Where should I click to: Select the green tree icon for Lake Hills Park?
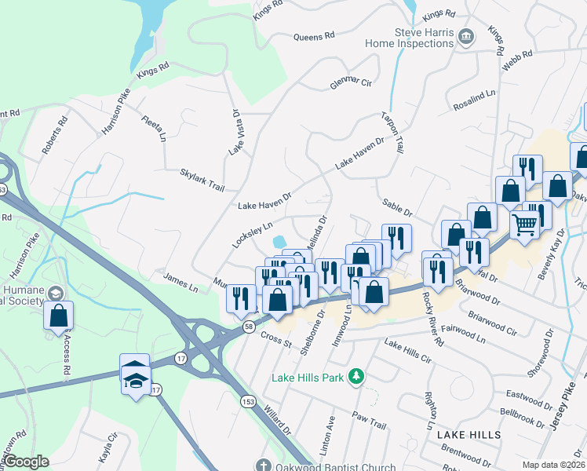(x=357, y=378)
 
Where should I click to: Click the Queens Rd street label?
(x=314, y=36)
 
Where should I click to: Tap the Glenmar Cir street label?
(x=350, y=82)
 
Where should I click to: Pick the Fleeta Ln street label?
(x=154, y=128)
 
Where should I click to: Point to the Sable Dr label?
(x=397, y=206)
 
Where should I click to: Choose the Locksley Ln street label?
(x=251, y=235)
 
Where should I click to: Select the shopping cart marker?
(x=525, y=223)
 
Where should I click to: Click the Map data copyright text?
(x=553, y=465)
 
